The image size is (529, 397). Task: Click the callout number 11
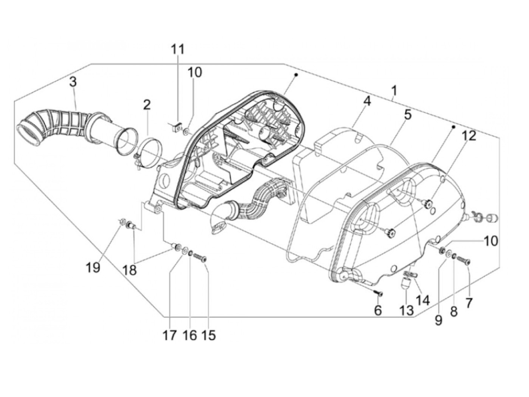pyautogui.click(x=178, y=50)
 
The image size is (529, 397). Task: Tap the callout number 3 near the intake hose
pyautogui.click(x=73, y=82)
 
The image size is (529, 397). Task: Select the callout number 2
pyautogui.click(x=147, y=105)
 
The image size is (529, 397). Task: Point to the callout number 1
pyautogui.click(x=394, y=91)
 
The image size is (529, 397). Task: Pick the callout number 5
pyautogui.click(x=407, y=115)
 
